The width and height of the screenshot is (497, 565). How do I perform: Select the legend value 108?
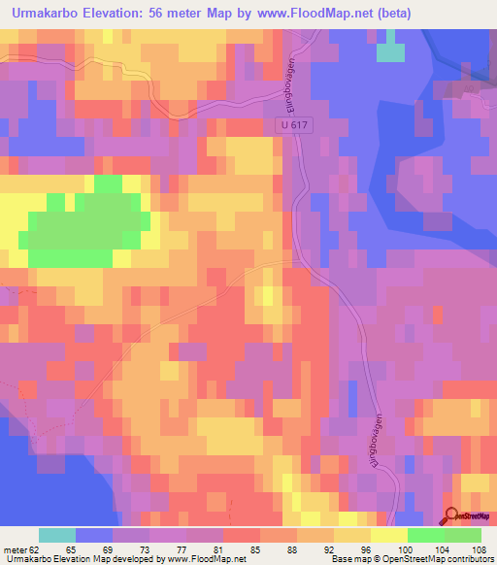coord(478,548)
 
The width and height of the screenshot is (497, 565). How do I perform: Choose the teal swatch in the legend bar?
coord(57,535)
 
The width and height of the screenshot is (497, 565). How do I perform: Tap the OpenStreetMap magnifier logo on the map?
coord(451,516)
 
